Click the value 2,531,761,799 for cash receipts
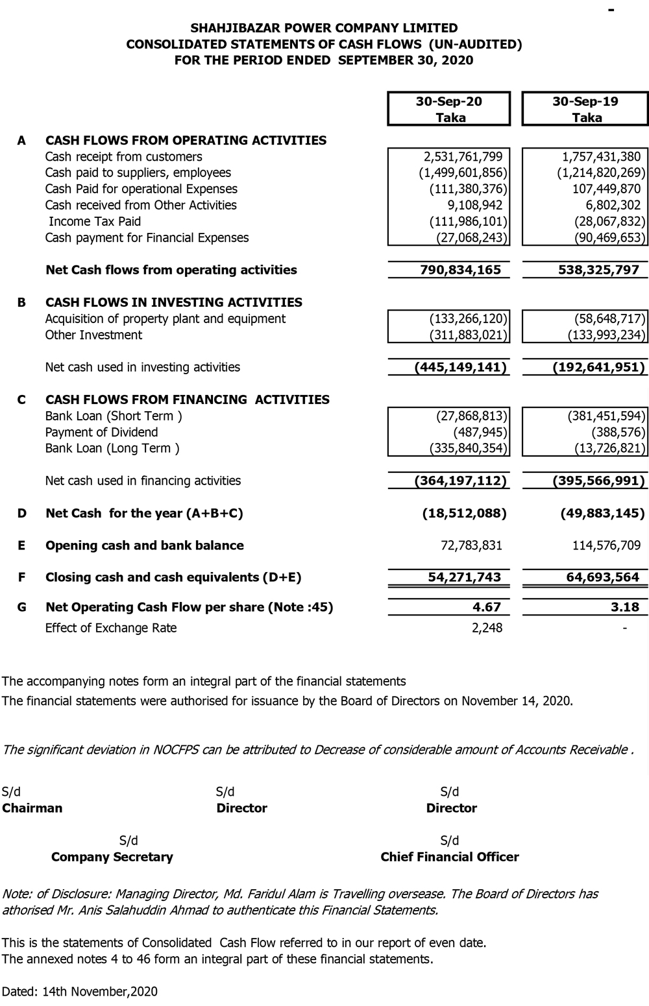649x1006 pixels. pyautogui.click(x=463, y=156)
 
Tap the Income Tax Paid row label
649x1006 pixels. pyautogui.click(x=95, y=221)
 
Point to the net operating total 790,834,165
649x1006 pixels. pyautogui.click(x=461, y=270)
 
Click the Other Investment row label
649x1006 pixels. pyautogui.click(x=93, y=335)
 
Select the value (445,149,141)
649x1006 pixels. pyautogui.click(x=461, y=367)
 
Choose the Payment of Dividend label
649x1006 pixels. pyautogui.click(x=101, y=432)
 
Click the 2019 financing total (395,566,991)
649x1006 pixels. pyautogui.click(x=598, y=481)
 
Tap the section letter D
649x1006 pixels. pyautogui.click(x=22, y=513)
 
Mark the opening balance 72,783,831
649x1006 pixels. pyautogui.click(x=471, y=545)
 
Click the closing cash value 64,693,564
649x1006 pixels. pyautogui.click(x=598, y=577)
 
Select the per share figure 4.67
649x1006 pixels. pyautogui.click(x=487, y=607)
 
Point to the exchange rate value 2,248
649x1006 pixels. pyautogui.click(x=487, y=628)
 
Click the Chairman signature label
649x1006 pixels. pyautogui.click(x=32, y=808)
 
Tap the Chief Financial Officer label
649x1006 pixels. pyautogui.click(x=450, y=857)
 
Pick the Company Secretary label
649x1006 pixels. pyautogui.click(x=112, y=857)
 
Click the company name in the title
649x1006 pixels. pyautogui.click(x=324, y=28)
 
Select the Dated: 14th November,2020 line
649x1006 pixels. pyautogui.click(x=80, y=991)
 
